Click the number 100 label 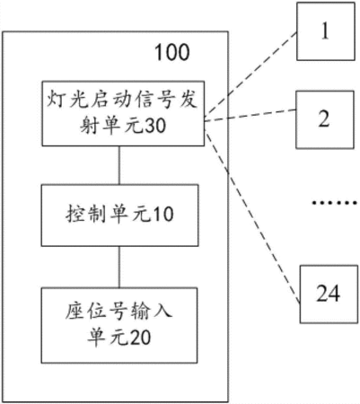pyautogui.click(x=172, y=52)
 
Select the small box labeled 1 pyautogui.click(x=326, y=31)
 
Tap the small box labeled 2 pyautogui.click(x=325, y=119)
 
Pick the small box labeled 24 pyautogui.click(x=329, y=294)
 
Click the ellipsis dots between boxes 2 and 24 pyautogui.click(x=335, y=203)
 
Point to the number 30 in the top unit pyautogui.click(x=155, y=125)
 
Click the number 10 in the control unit pyautogui.click(x=163, y=215)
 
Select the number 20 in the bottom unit pyautogui.click(x=140, y=338)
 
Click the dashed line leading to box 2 pyautogui.click(x=250, y=116)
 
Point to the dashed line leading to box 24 pyautogui.click(x=252, y=216)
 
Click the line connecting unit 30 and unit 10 pyautogui.click(x=119, y=165)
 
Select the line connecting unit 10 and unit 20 pyautogui.click(x=119, y=268)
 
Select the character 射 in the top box pyautogui.click(x=90, y=125)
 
